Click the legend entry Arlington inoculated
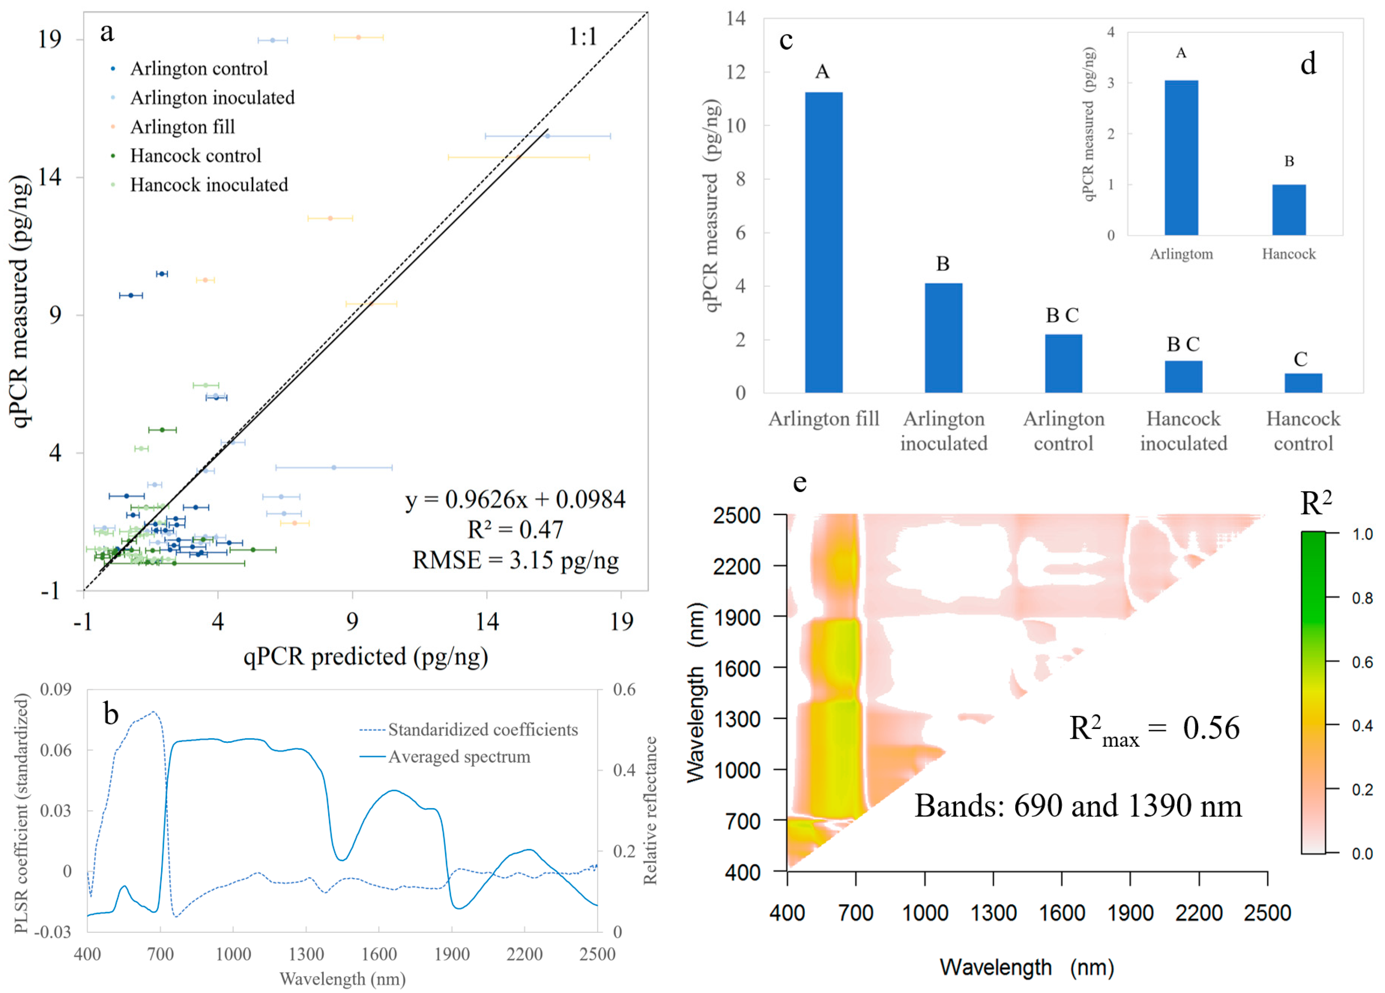[212, 98]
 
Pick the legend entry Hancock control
[196, 156]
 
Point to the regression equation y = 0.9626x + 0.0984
[515, 500]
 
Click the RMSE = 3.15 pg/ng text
[515, 559]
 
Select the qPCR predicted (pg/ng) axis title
[365, 656]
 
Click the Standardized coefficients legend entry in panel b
[483, 729]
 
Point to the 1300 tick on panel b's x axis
[306, 953]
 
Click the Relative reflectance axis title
[650, 810]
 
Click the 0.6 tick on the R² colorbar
[1362, 662]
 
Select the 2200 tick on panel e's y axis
[737, 566]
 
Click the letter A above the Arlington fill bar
[822, 72]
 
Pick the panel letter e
[799, 483]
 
